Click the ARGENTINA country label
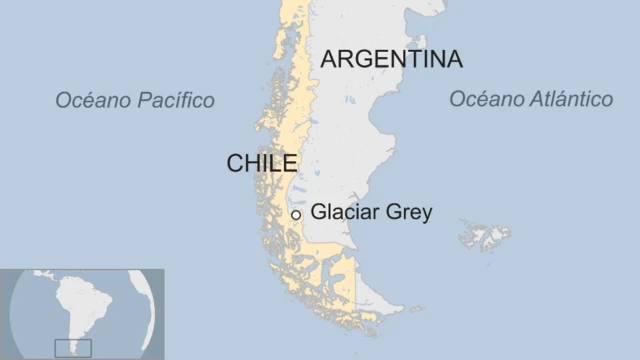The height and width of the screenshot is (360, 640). [391, 59]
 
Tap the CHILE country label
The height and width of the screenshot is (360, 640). [262, 163]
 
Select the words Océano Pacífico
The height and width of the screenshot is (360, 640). [135, 100]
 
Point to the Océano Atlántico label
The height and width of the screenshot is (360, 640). [530, 99]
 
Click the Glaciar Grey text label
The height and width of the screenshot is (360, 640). [371, 212]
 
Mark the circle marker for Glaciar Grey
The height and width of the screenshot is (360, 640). [296, 214]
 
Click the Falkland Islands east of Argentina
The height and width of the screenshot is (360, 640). [485, 236]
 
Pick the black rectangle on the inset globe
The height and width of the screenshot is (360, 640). [73, 347]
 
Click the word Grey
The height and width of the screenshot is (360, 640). [410, 212]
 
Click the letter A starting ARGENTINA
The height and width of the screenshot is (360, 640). [329, 59]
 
